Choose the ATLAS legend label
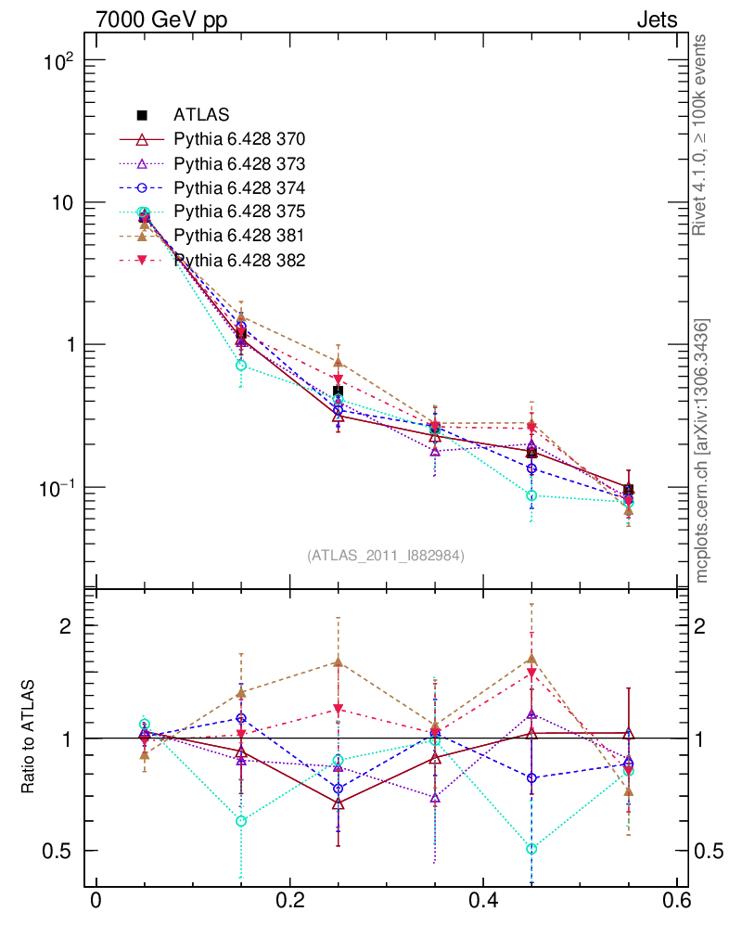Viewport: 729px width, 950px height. [195, 116]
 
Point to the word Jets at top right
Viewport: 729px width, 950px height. [656, 19]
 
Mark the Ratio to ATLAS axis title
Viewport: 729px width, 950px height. [29, 738]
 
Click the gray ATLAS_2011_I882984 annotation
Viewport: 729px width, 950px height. [386, 556]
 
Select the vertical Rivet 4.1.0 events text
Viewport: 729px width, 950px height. [701, 135]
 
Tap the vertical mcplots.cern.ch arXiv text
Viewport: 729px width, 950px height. [703, 451]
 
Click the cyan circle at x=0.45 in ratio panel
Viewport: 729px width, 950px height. [531, 849]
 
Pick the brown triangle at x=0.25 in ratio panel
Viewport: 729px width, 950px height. [339, 661]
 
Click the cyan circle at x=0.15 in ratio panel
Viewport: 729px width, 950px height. [241, 821]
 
